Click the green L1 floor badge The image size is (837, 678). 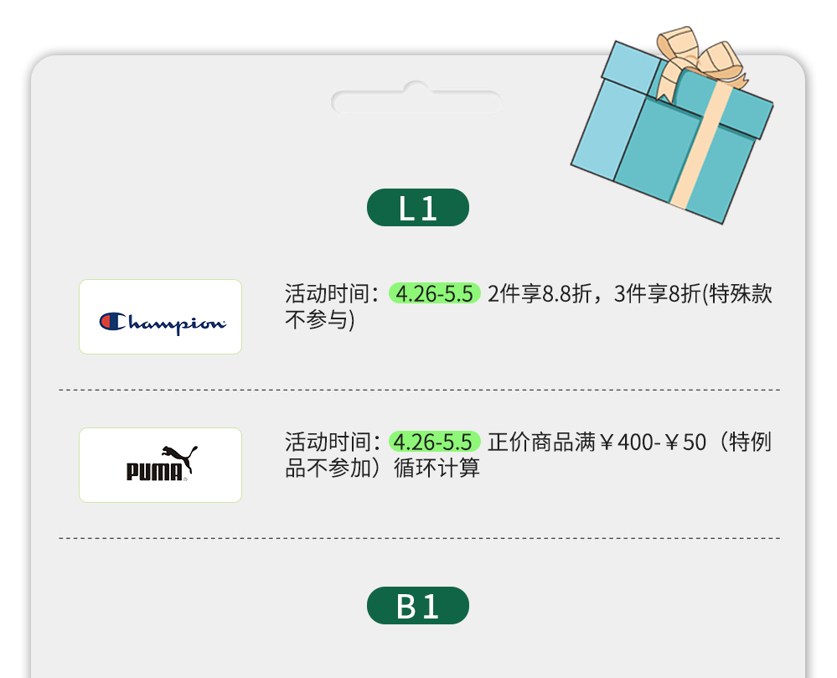pos(417,208)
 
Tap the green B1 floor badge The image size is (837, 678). pos(417,605)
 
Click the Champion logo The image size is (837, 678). pos(161,322)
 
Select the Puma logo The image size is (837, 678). pos(161,463)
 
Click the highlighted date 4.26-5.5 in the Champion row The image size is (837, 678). pos(434,294)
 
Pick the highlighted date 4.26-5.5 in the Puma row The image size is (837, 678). pos(434,442)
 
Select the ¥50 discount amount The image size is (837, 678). pos(686,442)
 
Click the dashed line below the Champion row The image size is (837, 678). pos(419,390)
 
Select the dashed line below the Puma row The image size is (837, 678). pos(419,538)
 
